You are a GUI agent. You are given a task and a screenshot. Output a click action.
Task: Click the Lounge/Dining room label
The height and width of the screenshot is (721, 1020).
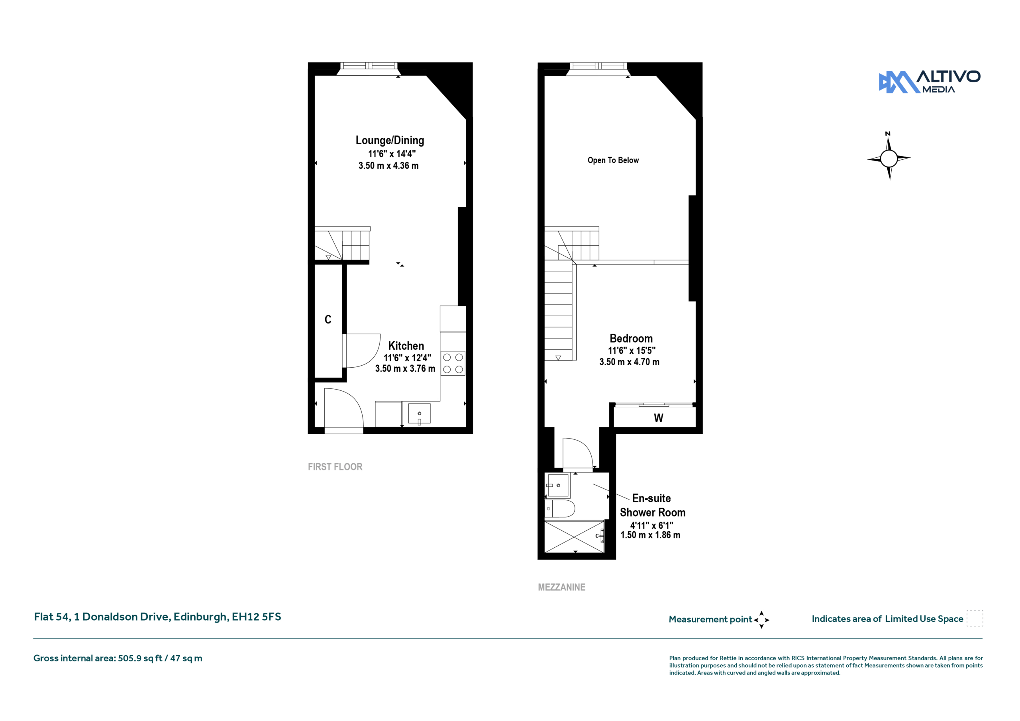[390, 140]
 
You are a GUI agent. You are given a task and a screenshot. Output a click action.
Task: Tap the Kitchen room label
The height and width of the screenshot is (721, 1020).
[406, 346]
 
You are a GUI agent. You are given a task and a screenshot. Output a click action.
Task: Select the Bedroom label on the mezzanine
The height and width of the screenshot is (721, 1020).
[631, 339]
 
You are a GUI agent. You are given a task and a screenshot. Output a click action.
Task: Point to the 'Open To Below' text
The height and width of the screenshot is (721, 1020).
[613, 161]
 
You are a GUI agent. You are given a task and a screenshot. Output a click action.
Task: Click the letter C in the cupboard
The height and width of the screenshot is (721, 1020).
[328, 319]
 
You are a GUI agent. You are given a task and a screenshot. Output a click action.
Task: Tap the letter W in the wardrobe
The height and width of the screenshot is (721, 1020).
[658, 418]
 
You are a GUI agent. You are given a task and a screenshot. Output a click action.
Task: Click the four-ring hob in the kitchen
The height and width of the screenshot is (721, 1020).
[453, 363]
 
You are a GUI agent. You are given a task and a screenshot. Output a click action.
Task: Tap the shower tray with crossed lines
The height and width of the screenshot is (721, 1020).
[575, 537]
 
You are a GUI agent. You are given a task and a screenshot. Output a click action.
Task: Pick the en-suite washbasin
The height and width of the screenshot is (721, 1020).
[558, 485]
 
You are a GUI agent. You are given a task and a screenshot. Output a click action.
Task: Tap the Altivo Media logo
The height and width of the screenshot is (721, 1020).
[930, 82]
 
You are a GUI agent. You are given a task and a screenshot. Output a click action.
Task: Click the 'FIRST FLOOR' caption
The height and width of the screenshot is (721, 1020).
[335, 467]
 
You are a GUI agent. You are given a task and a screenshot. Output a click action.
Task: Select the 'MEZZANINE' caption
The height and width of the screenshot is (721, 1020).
[561, 587]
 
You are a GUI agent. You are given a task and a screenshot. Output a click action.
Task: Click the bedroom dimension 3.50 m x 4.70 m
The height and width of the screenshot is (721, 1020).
[629, 362]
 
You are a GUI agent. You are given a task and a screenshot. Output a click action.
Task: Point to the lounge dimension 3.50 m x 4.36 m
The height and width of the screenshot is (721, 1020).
[388, 166]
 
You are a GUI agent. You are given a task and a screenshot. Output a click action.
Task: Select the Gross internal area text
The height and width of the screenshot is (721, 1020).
[118, 658]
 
